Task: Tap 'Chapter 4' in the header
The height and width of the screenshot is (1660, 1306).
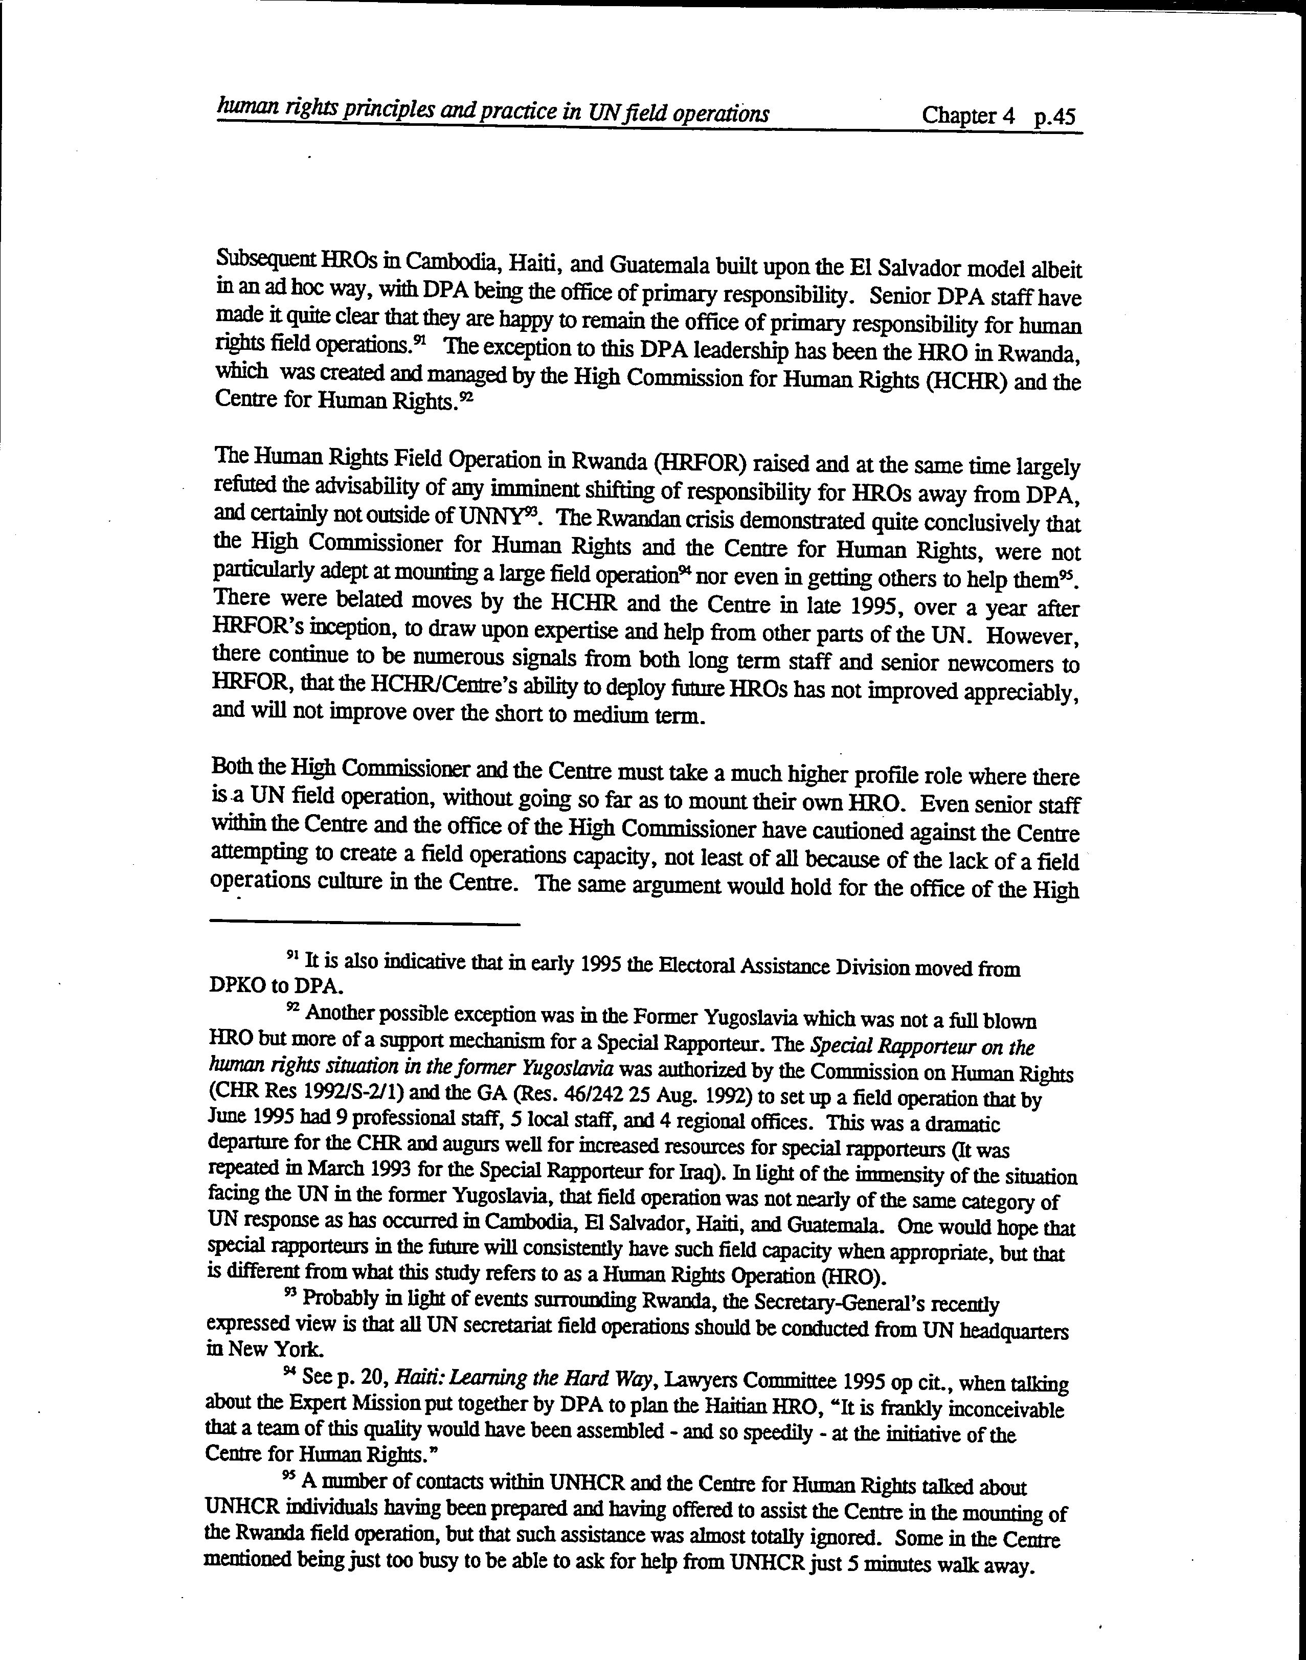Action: tap(968, 116)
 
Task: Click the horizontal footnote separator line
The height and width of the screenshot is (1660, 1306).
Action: tap(365, 925)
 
